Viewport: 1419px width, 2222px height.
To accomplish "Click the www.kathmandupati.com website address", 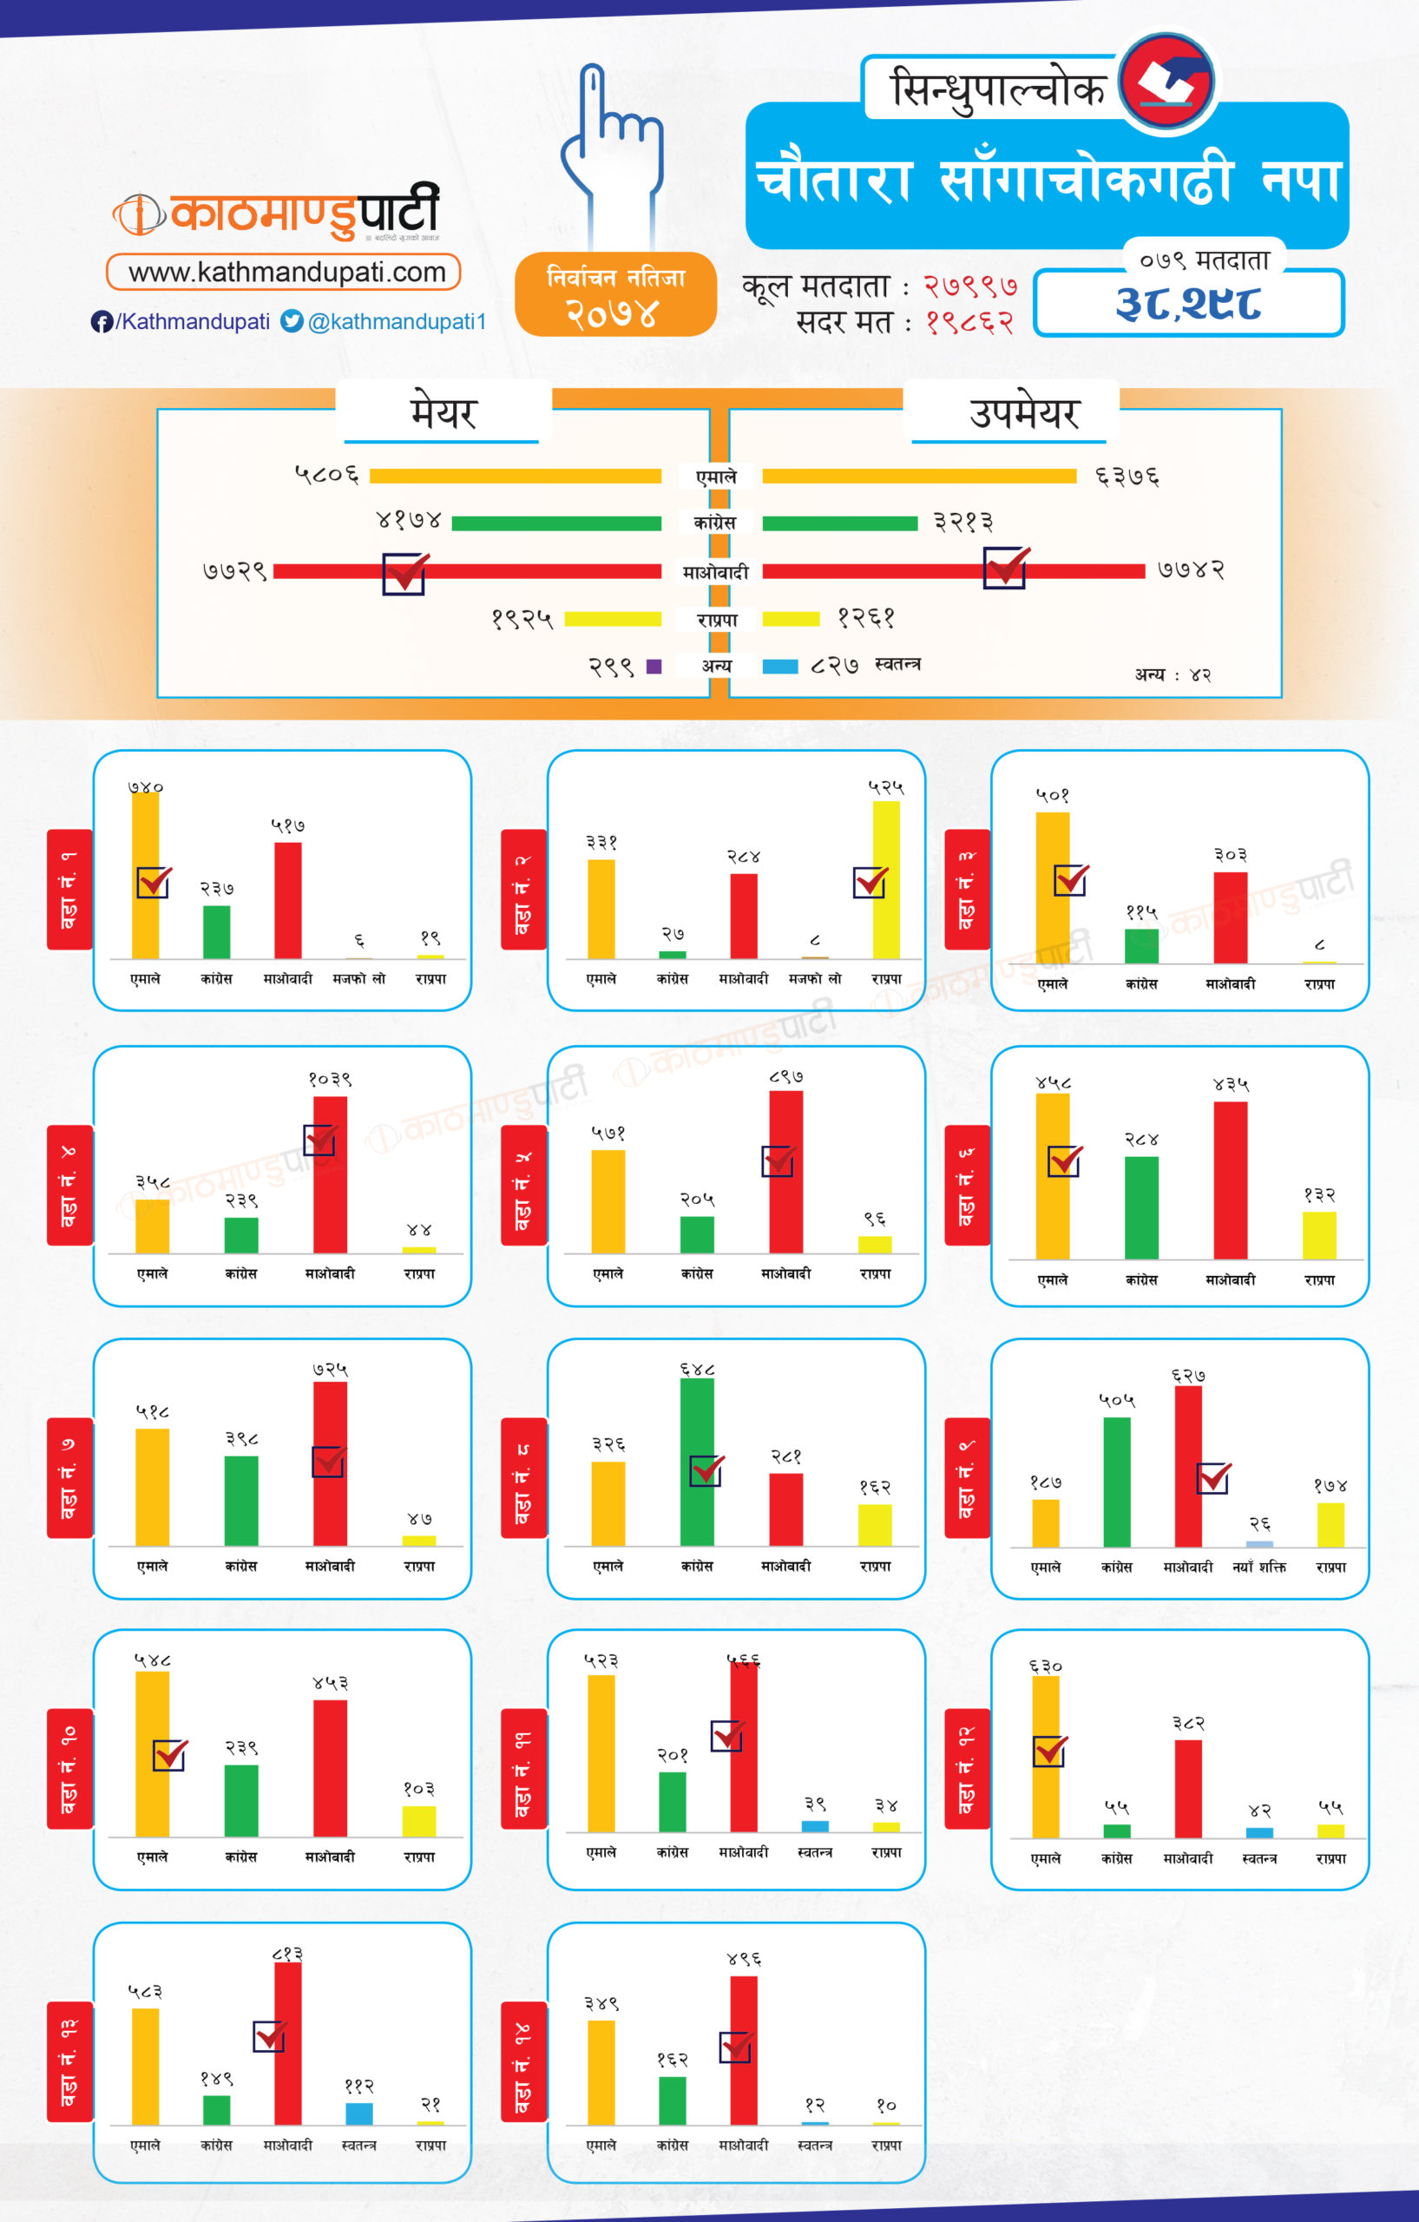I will click(286, 273).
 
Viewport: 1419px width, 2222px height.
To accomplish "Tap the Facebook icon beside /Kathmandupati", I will click(102, 321).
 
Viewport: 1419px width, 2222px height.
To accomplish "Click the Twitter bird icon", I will click(292, 321).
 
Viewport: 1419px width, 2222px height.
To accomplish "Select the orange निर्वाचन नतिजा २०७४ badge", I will click(615, 294).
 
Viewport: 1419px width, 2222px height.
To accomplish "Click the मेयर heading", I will click(443, 412).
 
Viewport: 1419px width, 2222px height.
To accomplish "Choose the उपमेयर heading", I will click(1024, 412).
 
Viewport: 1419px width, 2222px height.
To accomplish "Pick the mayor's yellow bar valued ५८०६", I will click(515, 477).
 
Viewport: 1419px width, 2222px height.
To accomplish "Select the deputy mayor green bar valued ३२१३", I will click(839, 523).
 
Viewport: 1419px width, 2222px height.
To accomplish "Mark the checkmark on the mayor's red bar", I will click(405, 573).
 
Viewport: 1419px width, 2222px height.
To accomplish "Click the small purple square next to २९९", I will click(654, 667).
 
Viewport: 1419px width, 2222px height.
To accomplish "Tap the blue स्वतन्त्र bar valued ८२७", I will click(779, 667).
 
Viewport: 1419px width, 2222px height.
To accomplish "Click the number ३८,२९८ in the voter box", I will click(1188, 304).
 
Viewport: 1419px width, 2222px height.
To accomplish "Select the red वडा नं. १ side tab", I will click(69, 889).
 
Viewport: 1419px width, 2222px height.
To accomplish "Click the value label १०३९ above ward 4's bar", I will click(330, 1079).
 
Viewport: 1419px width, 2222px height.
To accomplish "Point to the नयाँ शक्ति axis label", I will click(1258, 1567).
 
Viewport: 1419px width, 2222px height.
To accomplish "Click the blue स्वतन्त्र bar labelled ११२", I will click(359, 2114).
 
